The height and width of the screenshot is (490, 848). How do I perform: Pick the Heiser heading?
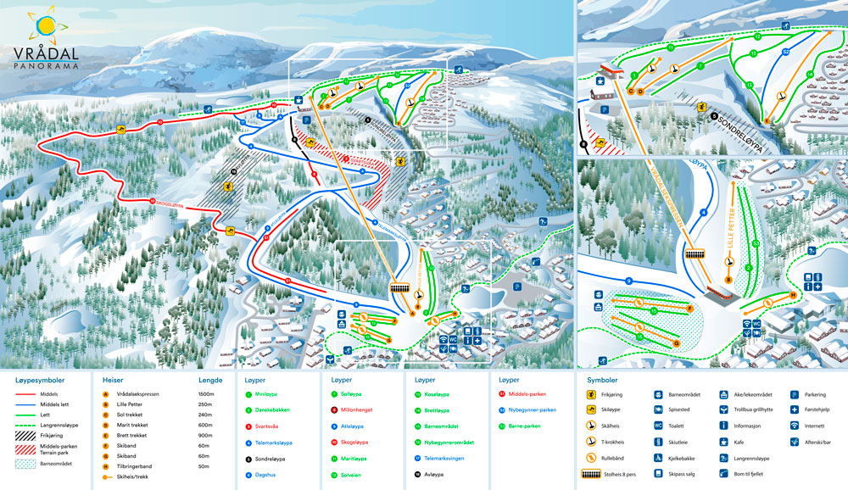point(113,380)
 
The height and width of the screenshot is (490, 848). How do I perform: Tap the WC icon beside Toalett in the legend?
point(658,426)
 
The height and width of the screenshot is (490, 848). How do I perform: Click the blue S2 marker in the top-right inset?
point(785,53)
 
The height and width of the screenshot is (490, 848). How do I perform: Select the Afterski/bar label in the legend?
point(823,442)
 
